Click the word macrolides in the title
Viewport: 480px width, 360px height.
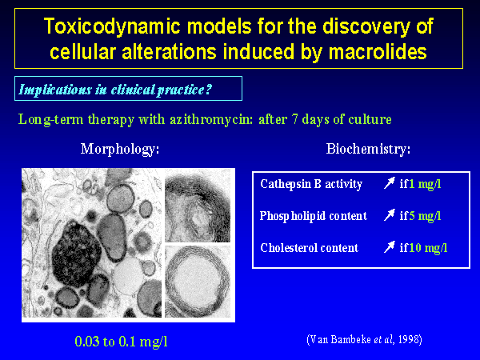(x=378, y=52)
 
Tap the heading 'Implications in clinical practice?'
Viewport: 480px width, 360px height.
(x=115, y=90)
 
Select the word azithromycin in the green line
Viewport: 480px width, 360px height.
(x=211, y=119)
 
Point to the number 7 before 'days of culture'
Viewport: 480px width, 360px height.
(x=295, y=119)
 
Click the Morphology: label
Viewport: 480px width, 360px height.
(x=120, y=150)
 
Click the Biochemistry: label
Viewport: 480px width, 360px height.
(x=368, y=149)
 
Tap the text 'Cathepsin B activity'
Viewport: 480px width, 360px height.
(x=311, y=184)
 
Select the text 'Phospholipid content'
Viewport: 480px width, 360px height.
(x=313, y=216)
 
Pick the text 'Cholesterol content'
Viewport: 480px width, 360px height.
(x=309, y=248)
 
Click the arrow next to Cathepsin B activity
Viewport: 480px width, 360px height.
(x=389, y=183)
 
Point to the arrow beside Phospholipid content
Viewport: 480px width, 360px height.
(x=389, y=215)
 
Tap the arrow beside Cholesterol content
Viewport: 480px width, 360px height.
(x=389, y=247)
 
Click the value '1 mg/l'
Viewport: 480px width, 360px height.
(x=425, y=184)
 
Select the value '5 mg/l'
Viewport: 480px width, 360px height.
(x=425, y=216)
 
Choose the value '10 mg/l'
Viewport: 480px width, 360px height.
(x=428, y=248)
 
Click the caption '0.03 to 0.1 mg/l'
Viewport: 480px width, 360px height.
(x=122, y=342)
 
